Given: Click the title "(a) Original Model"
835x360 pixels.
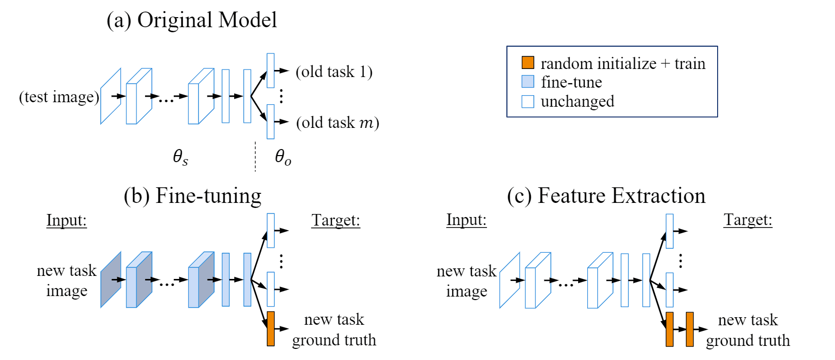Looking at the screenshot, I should (x=191, y=20).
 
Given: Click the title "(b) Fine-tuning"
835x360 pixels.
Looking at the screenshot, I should (x=192, y=196).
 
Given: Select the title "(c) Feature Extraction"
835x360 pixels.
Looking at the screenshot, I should (x=606, y=196).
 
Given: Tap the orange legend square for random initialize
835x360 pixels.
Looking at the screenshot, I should (x=528, y=62).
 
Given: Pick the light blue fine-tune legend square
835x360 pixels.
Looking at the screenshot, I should (x=528, y=82).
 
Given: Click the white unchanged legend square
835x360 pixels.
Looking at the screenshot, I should (x=528, y=101).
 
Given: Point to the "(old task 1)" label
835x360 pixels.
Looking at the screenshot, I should (x=334, y=71).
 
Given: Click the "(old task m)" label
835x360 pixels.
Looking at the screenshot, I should (x=337, y=122).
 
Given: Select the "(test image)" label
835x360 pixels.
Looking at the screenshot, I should (x=59, y=97).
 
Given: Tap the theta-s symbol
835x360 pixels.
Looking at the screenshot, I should (x=180, y=157).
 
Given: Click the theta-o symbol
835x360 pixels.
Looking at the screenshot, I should (x=283, y=157).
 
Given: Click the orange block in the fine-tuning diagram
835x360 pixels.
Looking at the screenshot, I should (x=270, y=328).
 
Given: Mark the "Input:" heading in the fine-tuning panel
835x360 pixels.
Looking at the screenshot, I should (x=66, y=221).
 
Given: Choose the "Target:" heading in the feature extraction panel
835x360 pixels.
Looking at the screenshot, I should (x=748, y=220).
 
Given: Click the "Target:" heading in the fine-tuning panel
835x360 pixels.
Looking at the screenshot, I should (x=335, y=221).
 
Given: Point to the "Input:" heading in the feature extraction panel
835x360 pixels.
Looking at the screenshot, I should (x=466, y=220).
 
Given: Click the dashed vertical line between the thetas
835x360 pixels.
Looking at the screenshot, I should (x=255, y=157).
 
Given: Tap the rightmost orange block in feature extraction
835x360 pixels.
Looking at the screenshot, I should (x=689, y=329).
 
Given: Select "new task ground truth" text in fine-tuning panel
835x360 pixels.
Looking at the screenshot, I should (x=334, y=330).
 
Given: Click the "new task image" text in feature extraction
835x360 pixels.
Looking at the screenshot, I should (x=466, y=281).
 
